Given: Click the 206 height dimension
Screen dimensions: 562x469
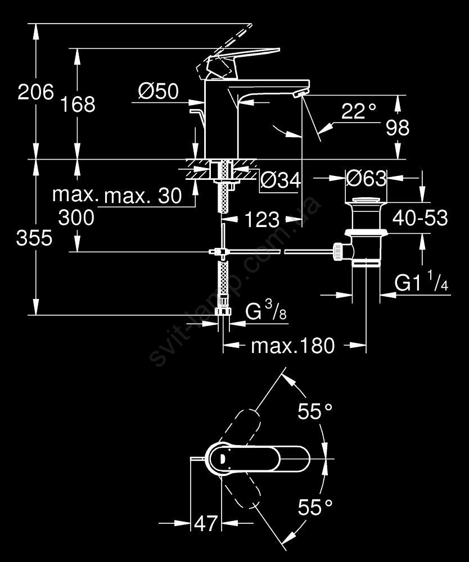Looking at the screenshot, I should (x=35, y=92).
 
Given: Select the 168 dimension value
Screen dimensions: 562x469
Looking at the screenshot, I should (x=78, y=104).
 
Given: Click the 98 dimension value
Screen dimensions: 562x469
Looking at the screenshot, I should (x=398, y=128).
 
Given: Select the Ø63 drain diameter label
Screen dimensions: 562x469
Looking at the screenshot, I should (x=366, y=179).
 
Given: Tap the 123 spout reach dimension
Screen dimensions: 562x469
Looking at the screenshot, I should (x=261, y=220).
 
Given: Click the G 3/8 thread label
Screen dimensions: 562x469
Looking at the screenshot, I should (x=266, y=312).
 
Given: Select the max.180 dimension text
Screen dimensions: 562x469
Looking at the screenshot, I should (x=292, y=346).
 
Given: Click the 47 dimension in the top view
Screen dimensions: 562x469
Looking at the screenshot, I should (x=205, y=524).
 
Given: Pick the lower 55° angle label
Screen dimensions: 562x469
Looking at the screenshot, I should (x=315, y=509).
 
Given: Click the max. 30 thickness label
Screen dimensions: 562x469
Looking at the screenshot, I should (x=143, y=196).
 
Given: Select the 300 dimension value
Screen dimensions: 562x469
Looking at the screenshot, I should (x=76, y=217).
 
